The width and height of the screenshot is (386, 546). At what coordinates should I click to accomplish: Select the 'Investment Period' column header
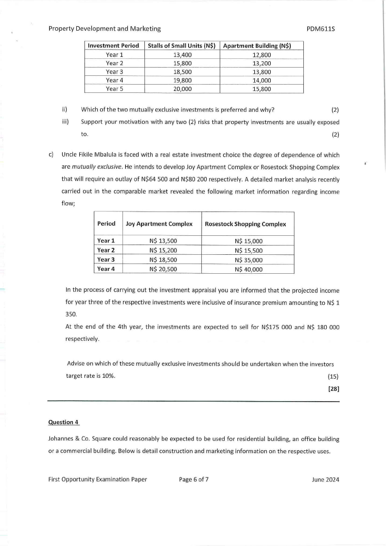[x=114, y=46]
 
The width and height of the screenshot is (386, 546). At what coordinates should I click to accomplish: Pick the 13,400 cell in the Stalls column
[x=182, y=55]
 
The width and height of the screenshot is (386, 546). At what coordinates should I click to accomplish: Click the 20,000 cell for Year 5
[x=182, y=89]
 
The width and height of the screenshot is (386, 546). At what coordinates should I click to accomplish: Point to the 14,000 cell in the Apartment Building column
[x=262, y=81]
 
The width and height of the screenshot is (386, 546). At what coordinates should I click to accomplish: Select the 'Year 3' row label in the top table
[x=114, y=72]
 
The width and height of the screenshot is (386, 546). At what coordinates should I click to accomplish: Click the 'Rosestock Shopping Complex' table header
[x=246, y=224]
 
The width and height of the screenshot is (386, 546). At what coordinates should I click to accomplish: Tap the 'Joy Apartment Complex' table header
[x=159, y=224]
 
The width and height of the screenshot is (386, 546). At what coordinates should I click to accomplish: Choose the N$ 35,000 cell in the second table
[x=248, y=260]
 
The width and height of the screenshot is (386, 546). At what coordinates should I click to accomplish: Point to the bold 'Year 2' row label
[x=106, y=250]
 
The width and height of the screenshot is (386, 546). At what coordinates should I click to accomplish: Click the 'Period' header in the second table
[x=106, y=224]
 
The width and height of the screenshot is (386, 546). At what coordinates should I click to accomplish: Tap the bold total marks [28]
[x=333, y=389]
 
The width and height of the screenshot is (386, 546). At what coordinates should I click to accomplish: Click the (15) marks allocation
[x=333, y=376]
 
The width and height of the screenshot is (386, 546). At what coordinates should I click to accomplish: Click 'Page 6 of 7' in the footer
[x=194, y=479]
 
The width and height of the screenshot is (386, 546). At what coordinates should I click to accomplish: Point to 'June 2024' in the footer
[x=325, y=479]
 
